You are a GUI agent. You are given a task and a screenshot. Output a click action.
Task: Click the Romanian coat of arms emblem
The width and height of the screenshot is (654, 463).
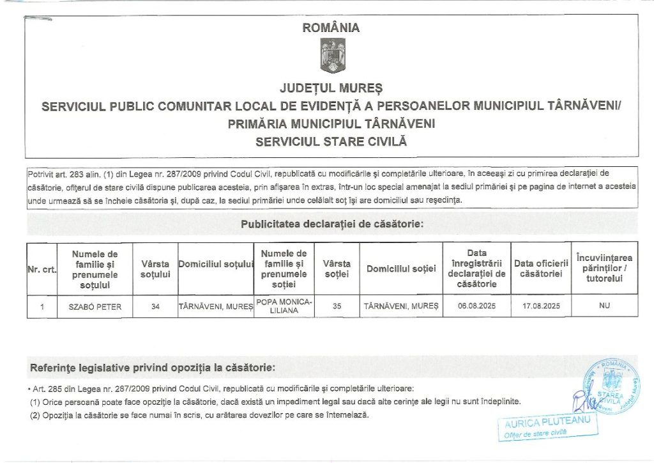click(x=331, y=56)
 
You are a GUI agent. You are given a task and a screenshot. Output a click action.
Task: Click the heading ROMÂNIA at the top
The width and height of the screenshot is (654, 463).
click(x=331, y=28)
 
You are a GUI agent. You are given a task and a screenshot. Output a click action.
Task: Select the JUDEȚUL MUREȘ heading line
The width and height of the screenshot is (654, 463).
click(x=331, y=87)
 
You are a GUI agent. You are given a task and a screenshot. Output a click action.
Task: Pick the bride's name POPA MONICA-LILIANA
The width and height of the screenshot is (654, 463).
click(x=285, y=306)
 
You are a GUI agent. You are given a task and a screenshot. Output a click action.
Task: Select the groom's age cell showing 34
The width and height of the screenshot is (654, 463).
click(x=155, y=306)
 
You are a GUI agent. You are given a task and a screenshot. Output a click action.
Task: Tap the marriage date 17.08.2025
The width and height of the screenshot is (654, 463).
click(x=540, y=306)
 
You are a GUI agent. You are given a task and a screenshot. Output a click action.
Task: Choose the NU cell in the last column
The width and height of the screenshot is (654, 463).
click(x=604, y=306)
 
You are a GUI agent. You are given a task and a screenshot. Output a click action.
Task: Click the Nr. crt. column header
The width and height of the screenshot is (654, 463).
click(x=42, y=269)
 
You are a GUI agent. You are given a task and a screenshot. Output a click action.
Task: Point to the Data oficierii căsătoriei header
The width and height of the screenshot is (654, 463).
click(x=540, y=269)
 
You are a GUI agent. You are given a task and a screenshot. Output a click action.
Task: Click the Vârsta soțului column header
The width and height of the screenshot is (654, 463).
click(x=155, y=269)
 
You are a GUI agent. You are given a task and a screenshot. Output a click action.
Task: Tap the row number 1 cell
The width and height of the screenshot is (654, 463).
click(x=42, y=306)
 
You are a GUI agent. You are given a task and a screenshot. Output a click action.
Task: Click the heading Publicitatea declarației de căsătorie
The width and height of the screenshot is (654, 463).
click(x=332, y=224)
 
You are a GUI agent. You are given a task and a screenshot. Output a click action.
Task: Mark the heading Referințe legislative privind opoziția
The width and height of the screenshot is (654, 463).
click(x=153, y=368)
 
